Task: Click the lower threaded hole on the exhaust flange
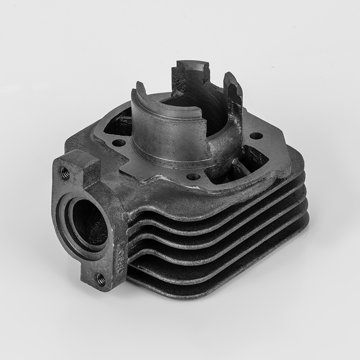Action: (x=101, y=280)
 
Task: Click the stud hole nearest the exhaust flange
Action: (x=119, y=144)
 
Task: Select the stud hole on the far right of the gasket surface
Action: (x=256, y=135)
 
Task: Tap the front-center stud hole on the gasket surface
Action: (x=193, y=176)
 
